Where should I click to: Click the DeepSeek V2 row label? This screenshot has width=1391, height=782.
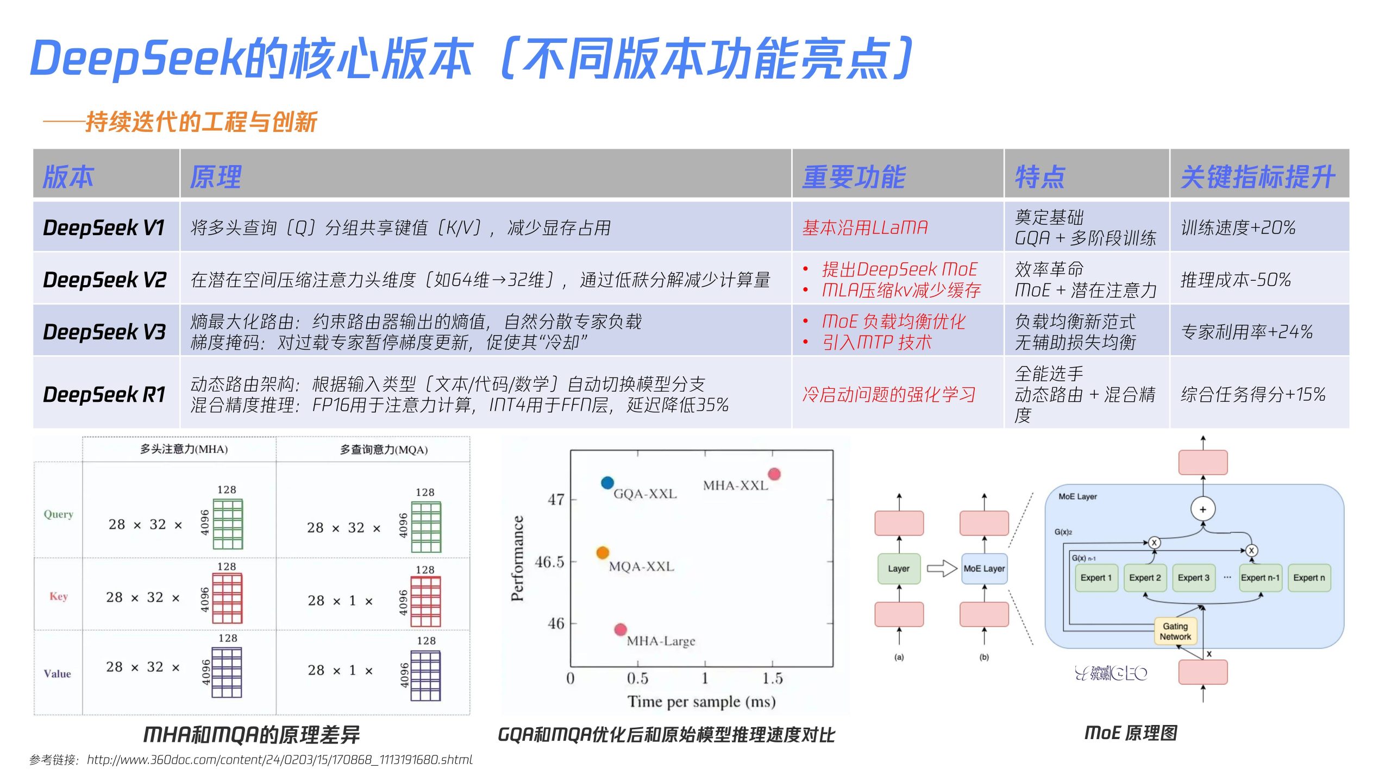pos(104,280)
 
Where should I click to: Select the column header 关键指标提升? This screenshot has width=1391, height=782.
pos(1257,177)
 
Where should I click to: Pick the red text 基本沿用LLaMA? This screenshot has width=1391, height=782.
pos(864,228)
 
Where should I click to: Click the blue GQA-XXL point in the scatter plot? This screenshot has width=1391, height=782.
pos(607,482)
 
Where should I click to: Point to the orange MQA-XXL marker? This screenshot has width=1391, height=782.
pos(602,553)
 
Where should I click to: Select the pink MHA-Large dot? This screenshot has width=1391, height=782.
pos(620,629)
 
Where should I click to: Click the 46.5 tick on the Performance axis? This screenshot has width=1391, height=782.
pos(549,562)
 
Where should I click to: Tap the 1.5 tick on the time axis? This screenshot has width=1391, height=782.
pos(772,678)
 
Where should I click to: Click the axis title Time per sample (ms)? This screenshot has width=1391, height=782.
pos(701,702)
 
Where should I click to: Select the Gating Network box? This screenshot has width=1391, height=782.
pos(1175,632)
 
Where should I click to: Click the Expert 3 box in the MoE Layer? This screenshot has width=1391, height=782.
pos(1193,578)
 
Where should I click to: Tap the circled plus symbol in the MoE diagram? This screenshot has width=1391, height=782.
pos(1202,509)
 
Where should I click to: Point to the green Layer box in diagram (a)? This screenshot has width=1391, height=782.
pos(899,569)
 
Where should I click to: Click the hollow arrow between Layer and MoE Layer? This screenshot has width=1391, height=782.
pos(941,569)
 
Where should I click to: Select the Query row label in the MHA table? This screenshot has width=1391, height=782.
pos(58,514)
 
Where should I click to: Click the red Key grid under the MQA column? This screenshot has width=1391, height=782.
pos(425,601)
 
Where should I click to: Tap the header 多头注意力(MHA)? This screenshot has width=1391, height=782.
pos(184,449)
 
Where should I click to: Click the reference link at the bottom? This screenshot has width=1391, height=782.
pos(279,760)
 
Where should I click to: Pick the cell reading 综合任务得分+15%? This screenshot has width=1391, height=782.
pos(1252,394)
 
